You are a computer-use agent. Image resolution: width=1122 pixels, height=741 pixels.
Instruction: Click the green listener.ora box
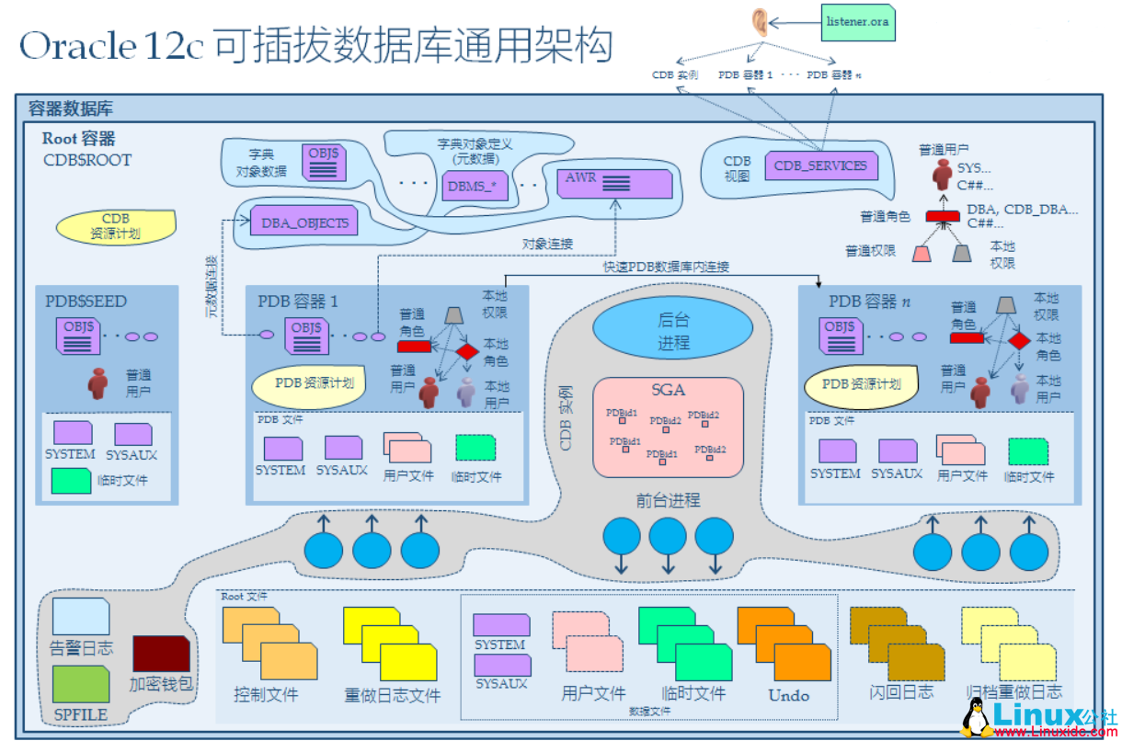[857, 20]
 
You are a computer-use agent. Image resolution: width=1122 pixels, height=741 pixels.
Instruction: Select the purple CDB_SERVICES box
[820, 166]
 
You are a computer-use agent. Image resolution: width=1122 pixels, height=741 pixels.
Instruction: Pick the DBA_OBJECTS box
[304, 222]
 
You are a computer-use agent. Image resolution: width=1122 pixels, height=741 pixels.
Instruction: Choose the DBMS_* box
[471, 186]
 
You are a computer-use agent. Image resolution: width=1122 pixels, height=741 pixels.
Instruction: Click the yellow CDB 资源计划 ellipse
[115, 226]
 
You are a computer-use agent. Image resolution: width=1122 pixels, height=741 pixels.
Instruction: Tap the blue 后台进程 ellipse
[671, 331]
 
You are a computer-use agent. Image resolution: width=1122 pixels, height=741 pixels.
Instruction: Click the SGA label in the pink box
[668, 390]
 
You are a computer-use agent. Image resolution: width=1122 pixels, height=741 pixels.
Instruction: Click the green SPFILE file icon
[81, 684]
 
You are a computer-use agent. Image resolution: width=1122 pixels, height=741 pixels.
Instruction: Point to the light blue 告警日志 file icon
[81, 616]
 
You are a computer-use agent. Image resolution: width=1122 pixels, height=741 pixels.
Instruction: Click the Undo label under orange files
[788, 696]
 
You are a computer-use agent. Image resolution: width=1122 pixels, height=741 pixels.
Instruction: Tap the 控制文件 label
[267, 695]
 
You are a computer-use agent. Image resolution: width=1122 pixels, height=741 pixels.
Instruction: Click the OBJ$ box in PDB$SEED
[78, 336]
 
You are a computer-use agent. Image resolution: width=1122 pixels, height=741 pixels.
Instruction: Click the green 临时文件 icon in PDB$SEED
[71, 481]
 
